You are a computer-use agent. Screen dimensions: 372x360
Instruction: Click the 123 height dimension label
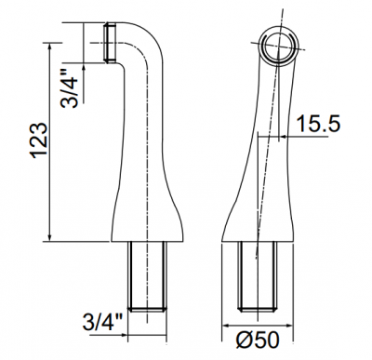[x=40, y=140]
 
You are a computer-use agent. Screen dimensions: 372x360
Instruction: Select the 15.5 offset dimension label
[x=318, y=123]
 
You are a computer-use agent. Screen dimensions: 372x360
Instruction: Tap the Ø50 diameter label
[x=258, y=340]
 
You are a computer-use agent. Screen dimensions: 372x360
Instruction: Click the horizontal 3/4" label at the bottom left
[x=102, y=322]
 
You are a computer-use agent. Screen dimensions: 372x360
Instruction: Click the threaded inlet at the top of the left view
[x=110, y=43]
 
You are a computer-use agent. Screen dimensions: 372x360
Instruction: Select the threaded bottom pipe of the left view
[x=148, y=275]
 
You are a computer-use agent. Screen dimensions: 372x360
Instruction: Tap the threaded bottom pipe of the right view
[x=257, y=275]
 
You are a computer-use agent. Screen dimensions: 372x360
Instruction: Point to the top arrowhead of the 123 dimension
[x=49, y=46]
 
